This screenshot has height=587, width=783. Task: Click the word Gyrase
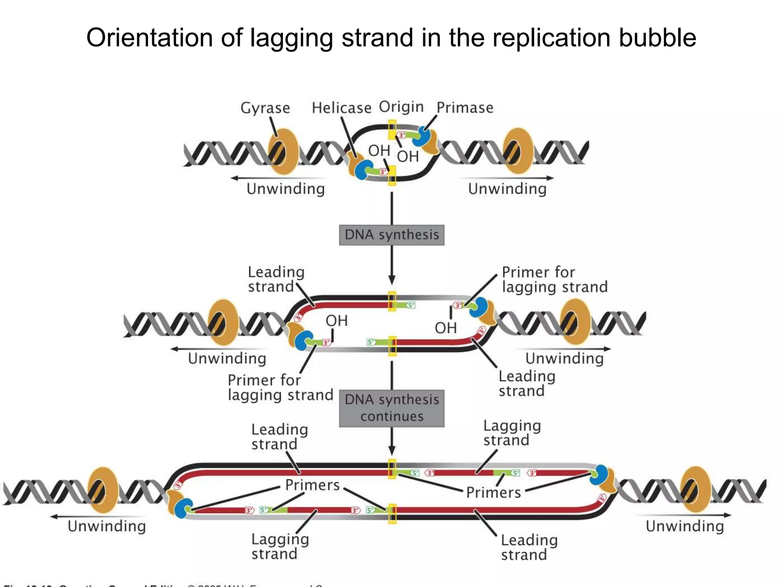[265, 108]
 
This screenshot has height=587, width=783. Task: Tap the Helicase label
[341, 108]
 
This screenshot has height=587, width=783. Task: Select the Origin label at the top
[401, 107]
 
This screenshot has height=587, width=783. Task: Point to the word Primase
[465, 108]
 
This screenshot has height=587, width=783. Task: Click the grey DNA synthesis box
[391, 235]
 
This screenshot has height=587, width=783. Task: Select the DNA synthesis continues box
[391, 408]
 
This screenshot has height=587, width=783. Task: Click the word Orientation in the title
[164, 38]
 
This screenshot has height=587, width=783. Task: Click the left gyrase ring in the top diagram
[283, 151]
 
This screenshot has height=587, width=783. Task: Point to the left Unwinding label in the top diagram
[285, 189]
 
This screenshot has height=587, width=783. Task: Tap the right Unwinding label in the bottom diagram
[684, 526]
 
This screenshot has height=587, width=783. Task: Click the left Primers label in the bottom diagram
[312, 485]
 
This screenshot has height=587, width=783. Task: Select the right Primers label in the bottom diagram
[493, 493]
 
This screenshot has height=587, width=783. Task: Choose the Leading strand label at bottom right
[529, 547]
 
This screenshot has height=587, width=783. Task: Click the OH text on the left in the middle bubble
[336, 321]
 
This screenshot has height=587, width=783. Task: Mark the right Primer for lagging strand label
[554, 279]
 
